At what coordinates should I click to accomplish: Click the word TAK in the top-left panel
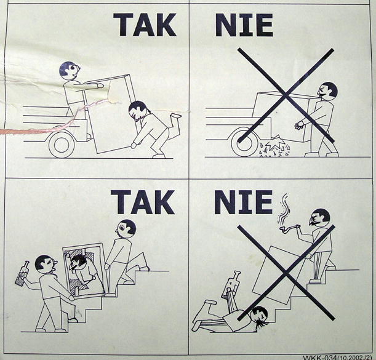click(x=145, y=25)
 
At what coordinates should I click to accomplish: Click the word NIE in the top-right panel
click(x=244, y=25)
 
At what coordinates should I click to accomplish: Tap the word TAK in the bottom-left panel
click(x=142, y=202)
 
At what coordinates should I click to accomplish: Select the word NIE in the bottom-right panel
click(x=244, y=202)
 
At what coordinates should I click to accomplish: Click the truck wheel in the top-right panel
click(x=244, y=143)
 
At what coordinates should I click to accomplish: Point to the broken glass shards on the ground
click(x=275, y=147)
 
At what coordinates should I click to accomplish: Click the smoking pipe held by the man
click(x=289, y=228)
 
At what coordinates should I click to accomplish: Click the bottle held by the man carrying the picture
click(x=22, y=273)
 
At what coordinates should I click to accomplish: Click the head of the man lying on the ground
click(x=260, y=314)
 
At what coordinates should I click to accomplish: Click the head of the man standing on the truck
click(x=70, y=70)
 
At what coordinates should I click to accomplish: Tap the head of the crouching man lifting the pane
click(x=137, y=110)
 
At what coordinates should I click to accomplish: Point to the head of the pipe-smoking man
click(x=319, y=217)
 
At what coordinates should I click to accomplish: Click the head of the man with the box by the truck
click(x=327, y=90)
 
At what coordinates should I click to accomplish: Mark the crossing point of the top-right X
click(x=286, y=95)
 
